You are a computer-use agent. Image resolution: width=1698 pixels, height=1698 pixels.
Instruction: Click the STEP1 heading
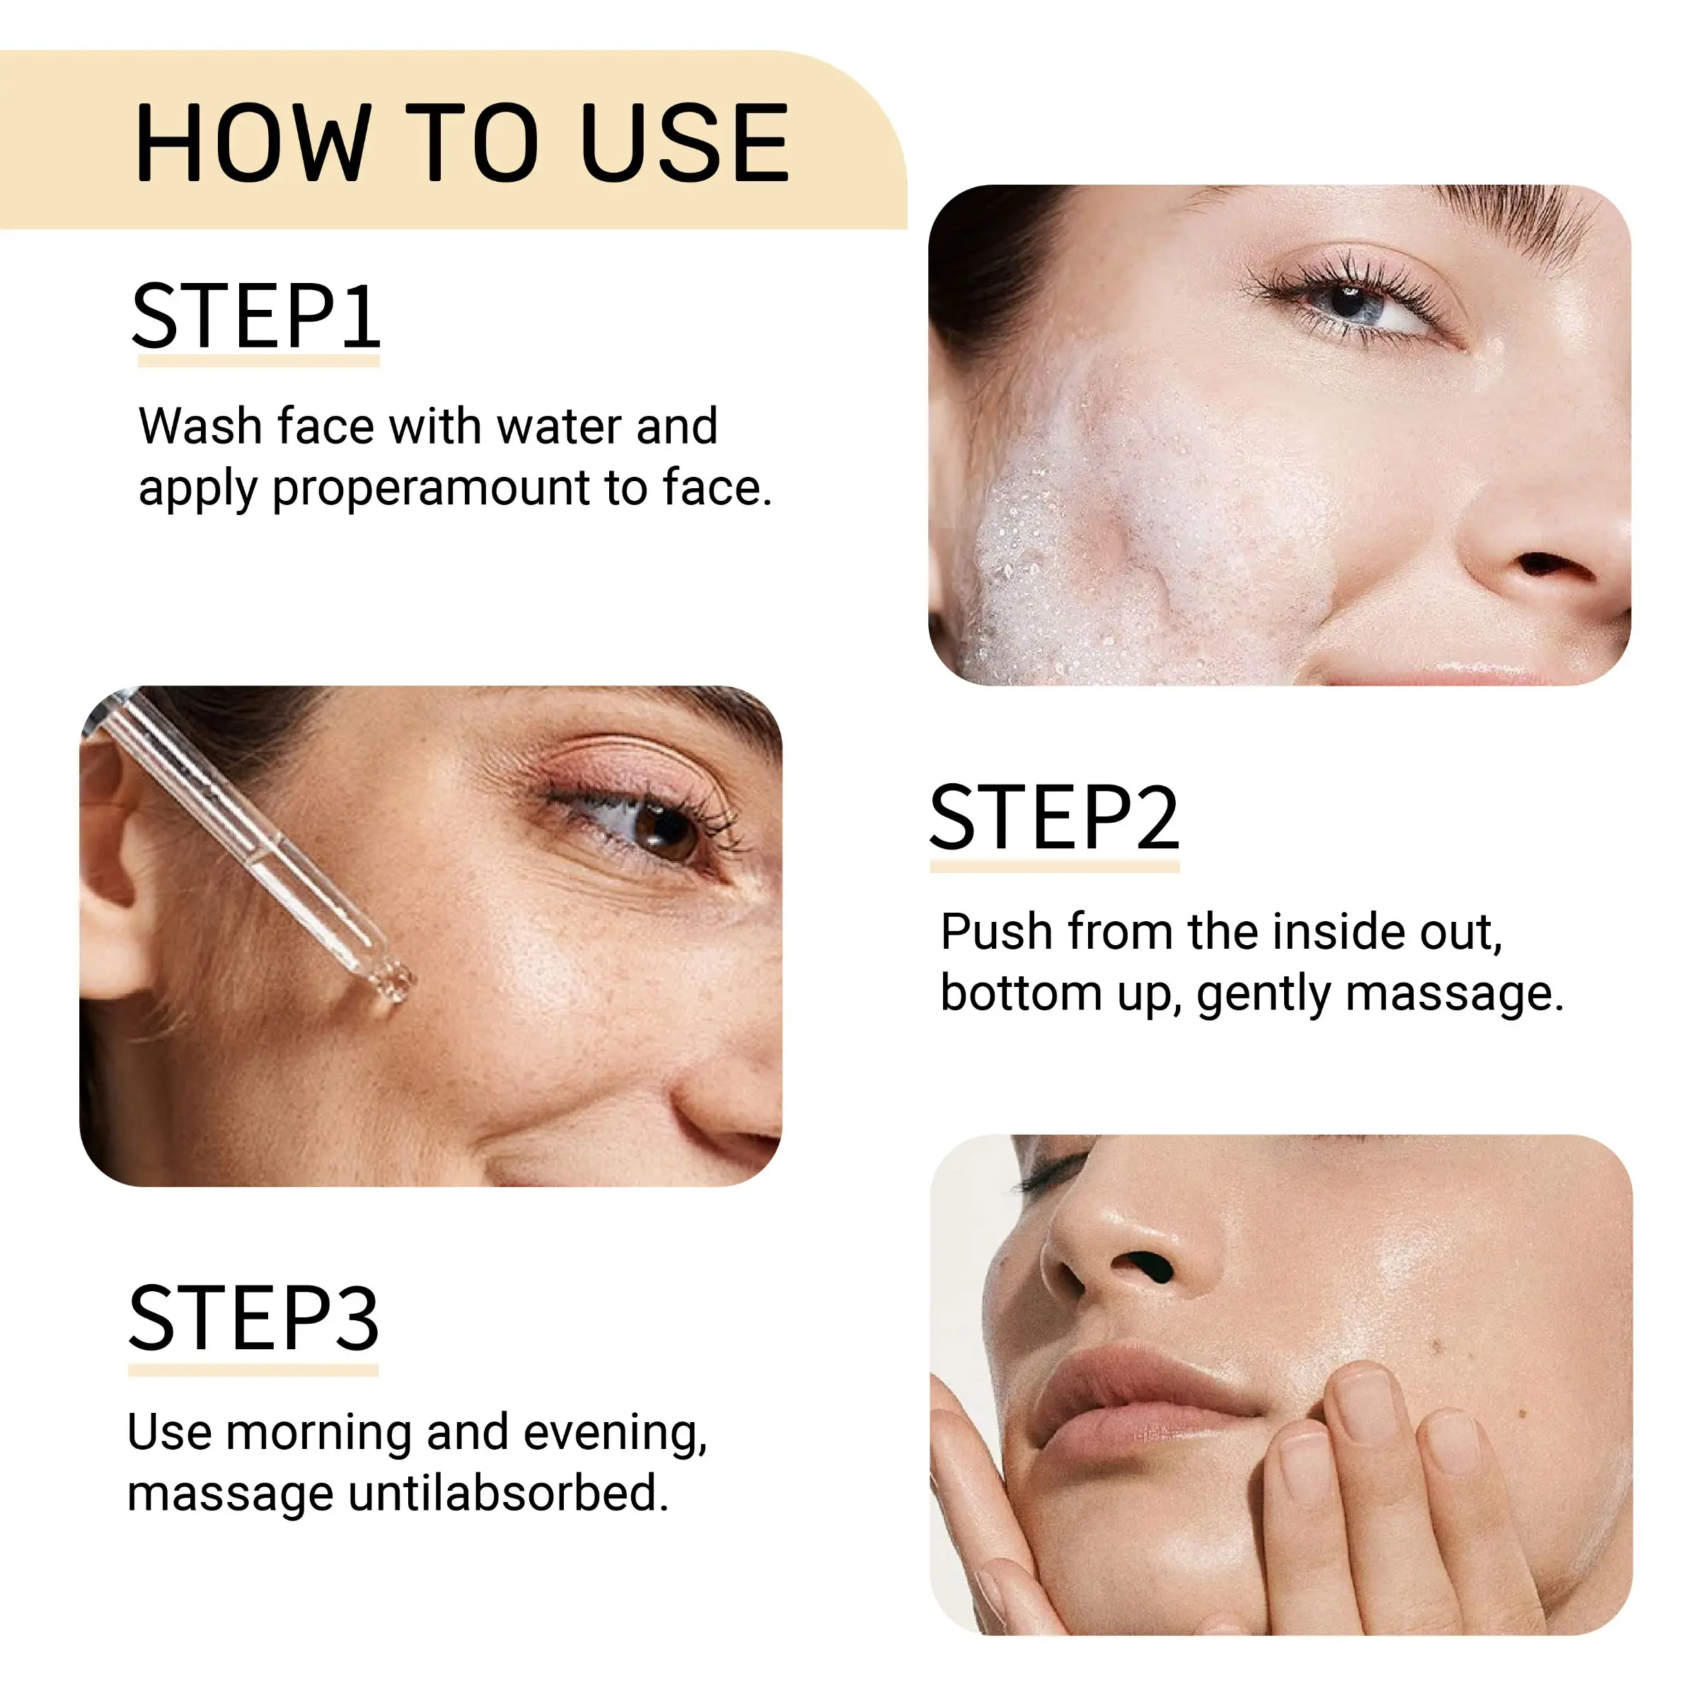(x=255, y=316)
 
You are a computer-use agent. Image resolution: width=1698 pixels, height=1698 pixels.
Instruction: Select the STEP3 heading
(x=254, y=1317)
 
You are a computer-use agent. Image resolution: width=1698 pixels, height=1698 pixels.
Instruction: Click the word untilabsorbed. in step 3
(x=508, y=1494)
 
